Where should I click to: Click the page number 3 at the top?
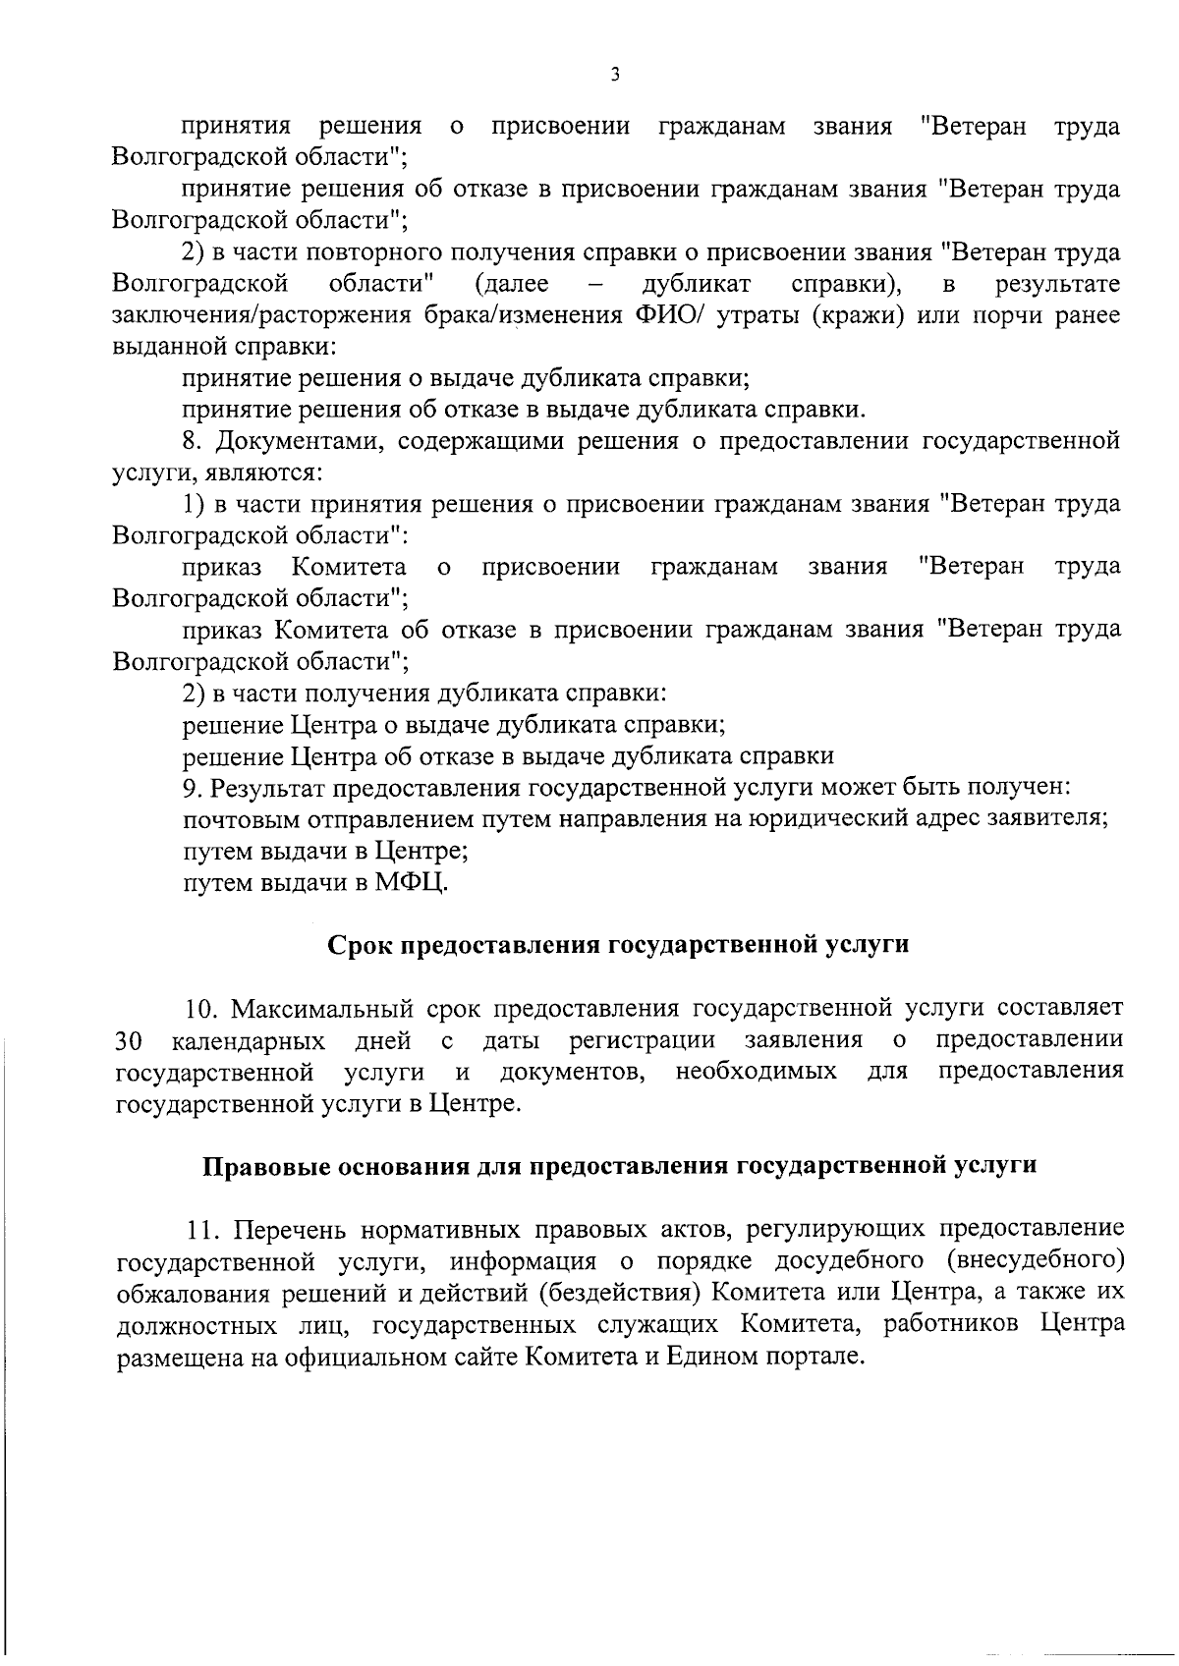click(x=614, y=75)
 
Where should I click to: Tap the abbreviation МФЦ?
click(x=411, y=882)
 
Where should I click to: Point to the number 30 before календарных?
click(x=130, y=1039)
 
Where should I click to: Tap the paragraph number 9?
click(x=192, y=788)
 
